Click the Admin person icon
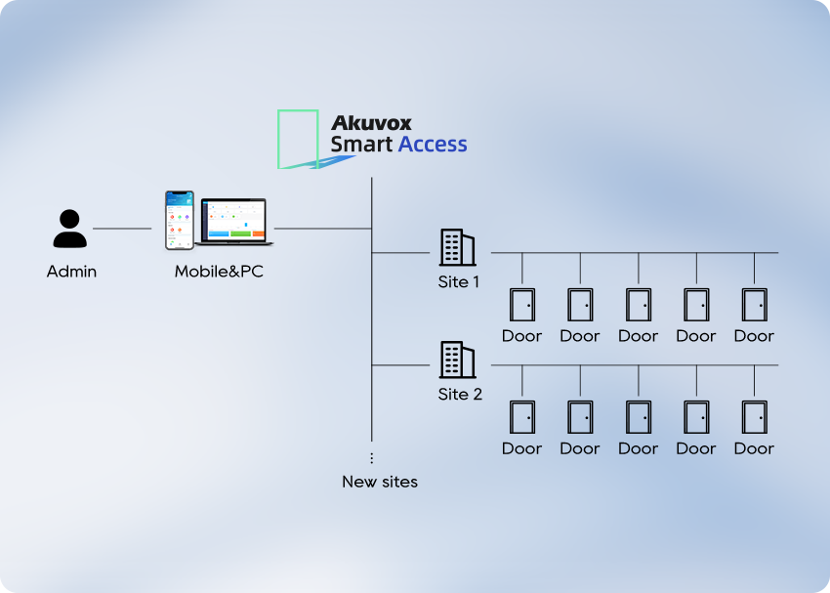coord(70,229)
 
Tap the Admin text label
coord(71,272)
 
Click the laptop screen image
coord(234,220)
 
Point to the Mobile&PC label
coord(219,272)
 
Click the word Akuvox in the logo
coord(371,123)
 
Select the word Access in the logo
coord(433,145)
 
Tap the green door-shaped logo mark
coord(298,139)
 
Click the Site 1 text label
coord(459,282)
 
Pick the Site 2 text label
coord(459,395)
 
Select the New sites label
coord(380,482)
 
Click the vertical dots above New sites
coord(371,457)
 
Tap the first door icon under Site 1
coord(521,304)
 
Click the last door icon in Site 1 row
coord(754,304)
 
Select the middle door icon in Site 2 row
coord(638,416)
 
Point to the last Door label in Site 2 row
coord(754,448)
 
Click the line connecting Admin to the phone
coord(122,229)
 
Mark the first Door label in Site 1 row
coord(521,336)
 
